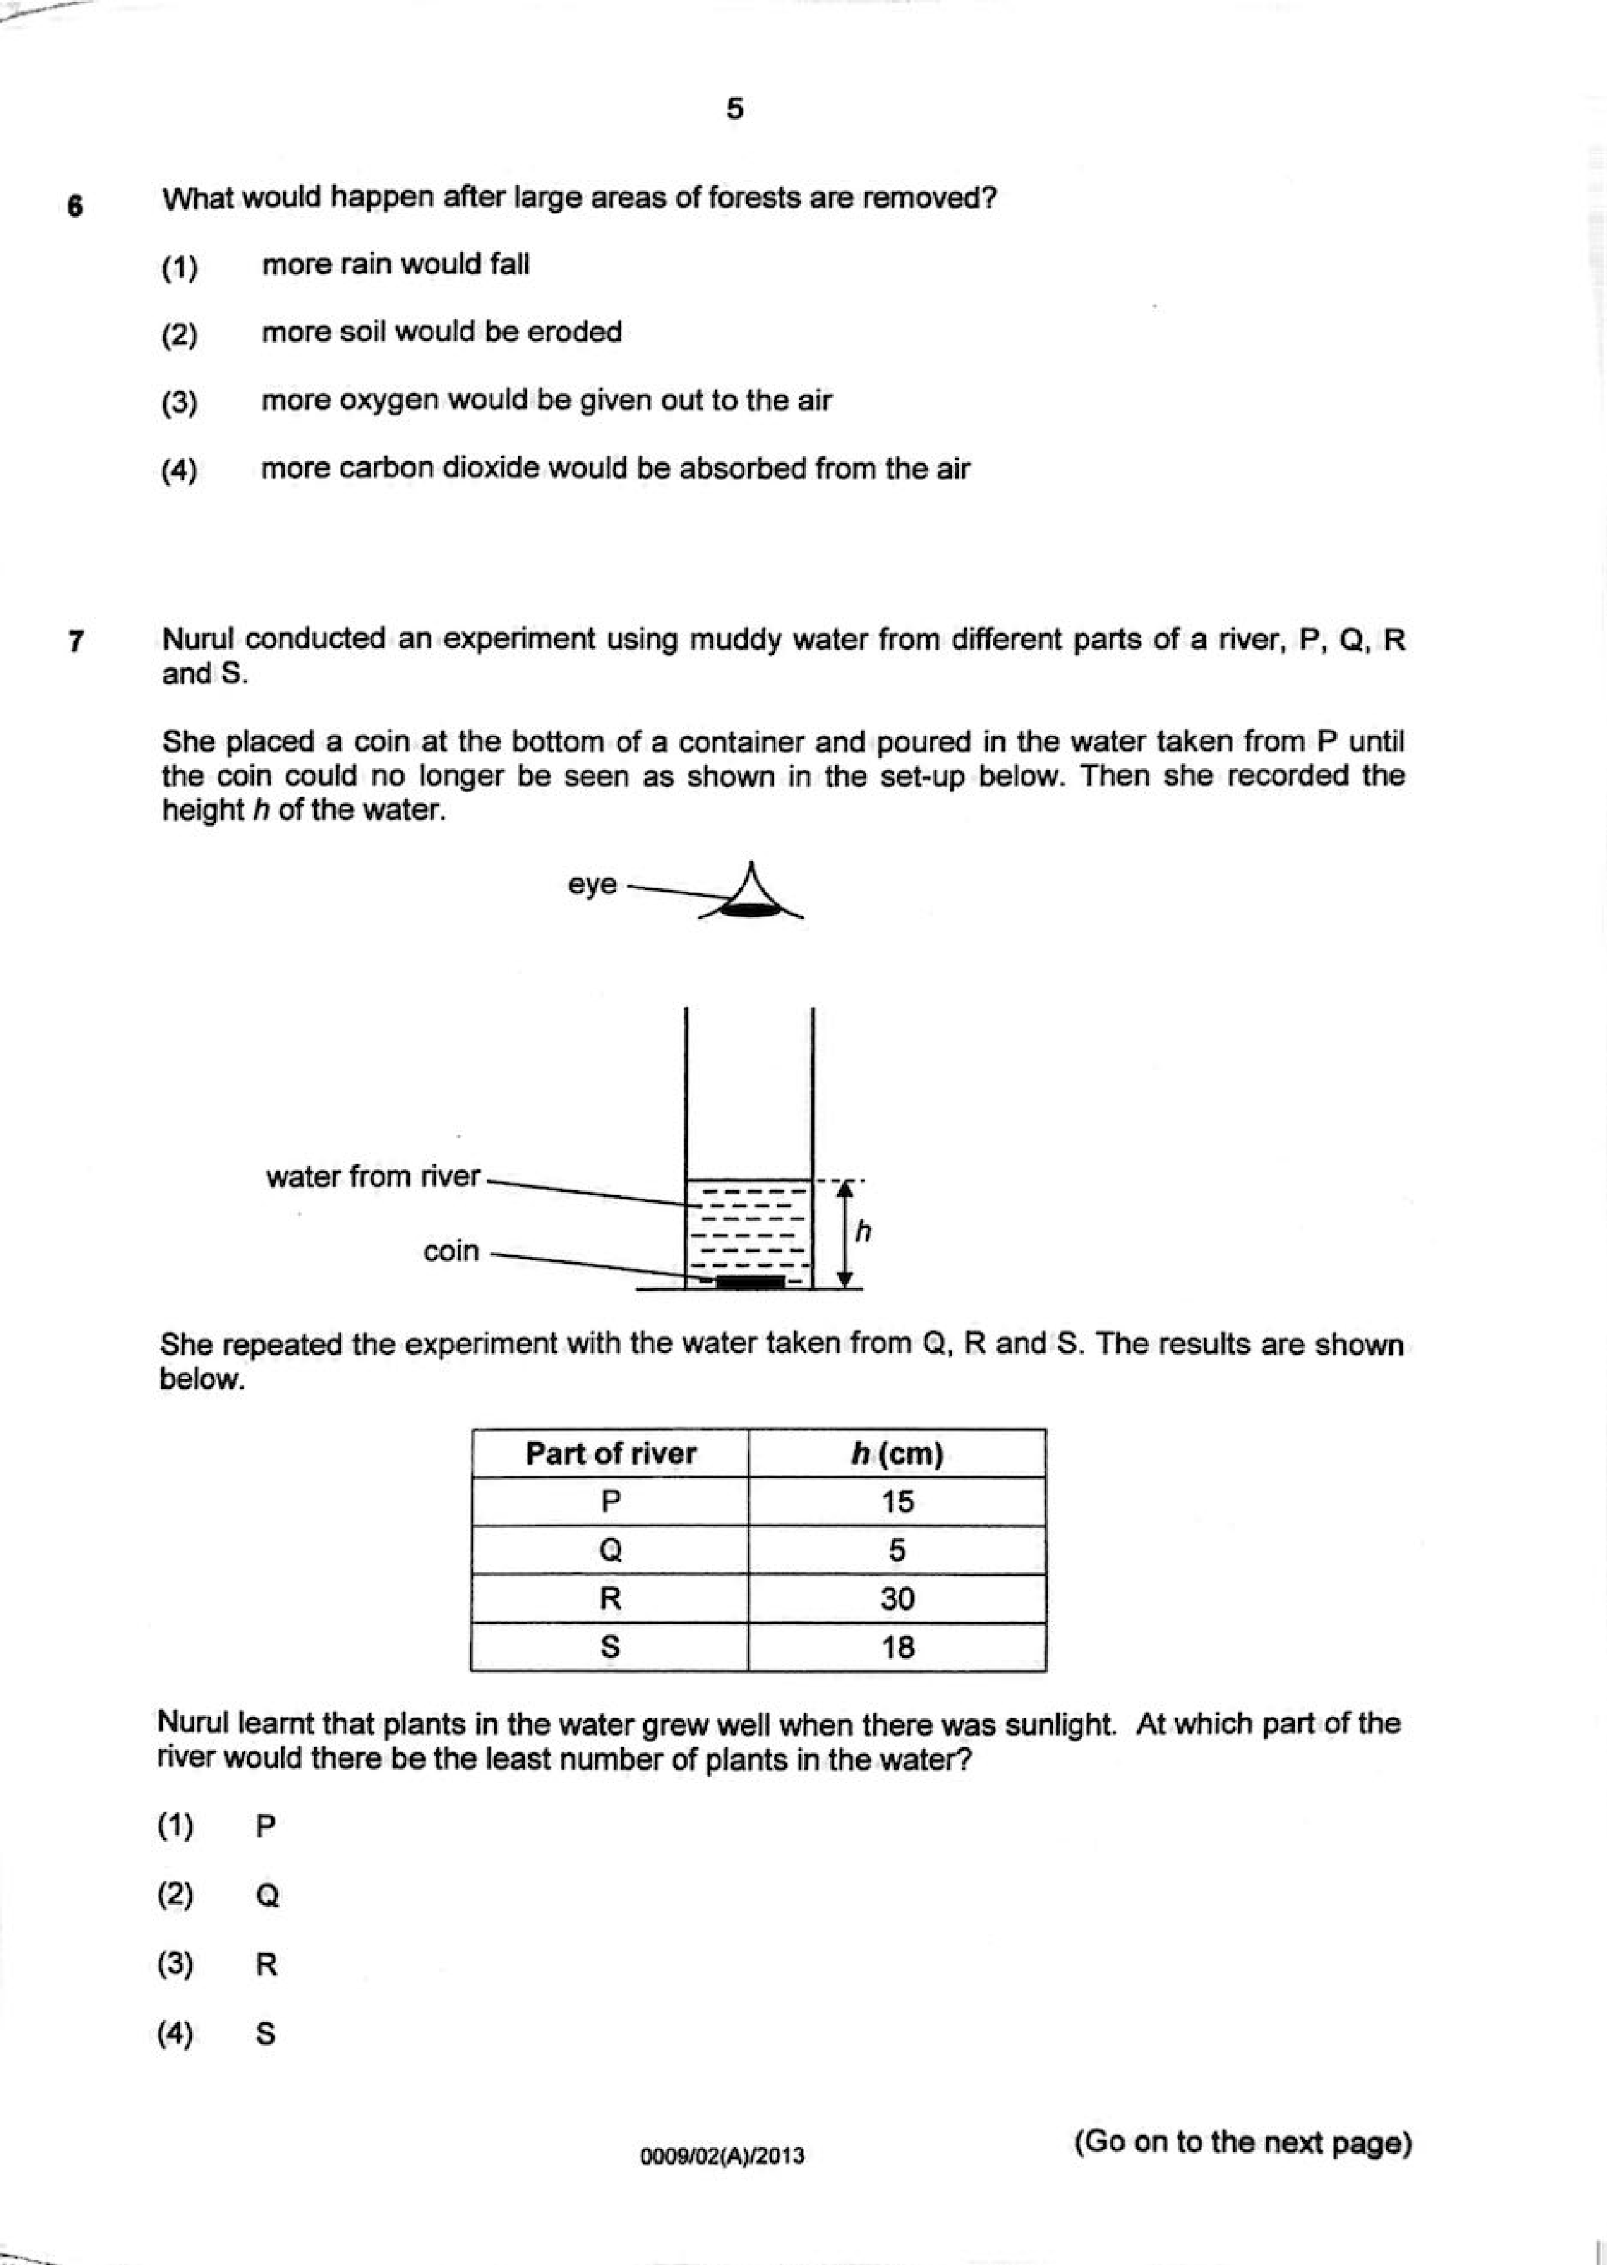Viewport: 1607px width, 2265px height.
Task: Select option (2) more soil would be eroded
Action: (441, 333)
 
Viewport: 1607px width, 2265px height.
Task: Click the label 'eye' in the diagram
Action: (592, 885)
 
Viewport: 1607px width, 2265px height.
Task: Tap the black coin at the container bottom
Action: (749, 1282)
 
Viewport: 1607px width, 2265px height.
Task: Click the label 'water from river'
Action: (373, 1176)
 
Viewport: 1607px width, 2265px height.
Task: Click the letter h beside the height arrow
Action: (863, 1232)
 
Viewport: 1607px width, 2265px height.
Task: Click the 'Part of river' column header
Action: (611, 1454)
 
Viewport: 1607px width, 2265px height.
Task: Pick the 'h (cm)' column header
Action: (896, 1454)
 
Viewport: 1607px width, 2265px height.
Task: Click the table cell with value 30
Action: (896, 1599)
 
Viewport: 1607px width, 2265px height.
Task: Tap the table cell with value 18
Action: (896, 1648)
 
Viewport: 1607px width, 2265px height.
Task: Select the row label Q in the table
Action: (611, 1550)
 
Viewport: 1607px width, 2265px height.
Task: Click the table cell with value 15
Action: (896, 1502)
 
